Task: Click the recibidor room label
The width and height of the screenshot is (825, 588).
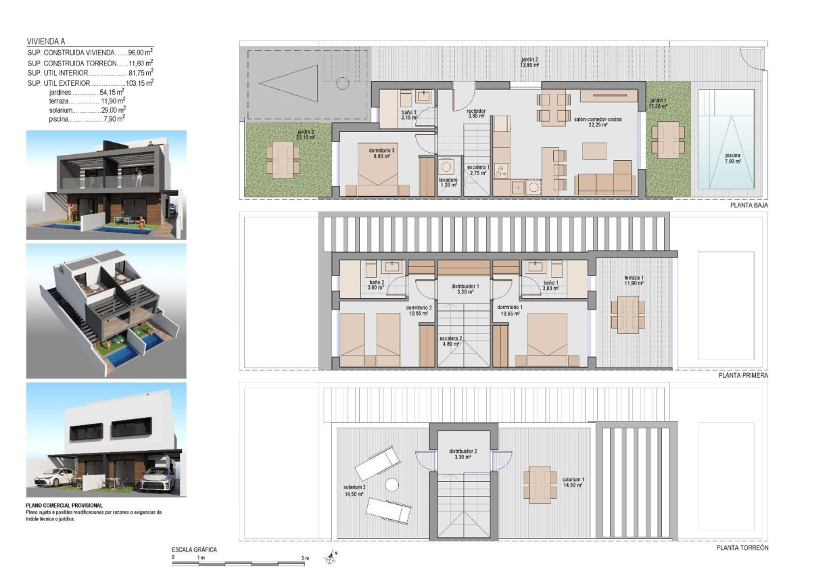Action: tap(476, 113)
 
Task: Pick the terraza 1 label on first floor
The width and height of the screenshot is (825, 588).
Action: tap(633, 280)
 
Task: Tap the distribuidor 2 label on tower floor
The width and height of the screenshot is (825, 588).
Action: tap(464, 454)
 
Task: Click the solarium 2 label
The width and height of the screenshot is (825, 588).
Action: tap(354, 490)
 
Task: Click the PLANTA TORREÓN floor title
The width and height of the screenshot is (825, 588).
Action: tap(742, 548)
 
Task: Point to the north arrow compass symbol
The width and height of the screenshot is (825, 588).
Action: tap(331, 558)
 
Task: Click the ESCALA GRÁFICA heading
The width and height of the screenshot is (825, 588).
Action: tap(194, 549)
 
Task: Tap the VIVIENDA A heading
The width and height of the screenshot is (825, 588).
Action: tap(46, 41)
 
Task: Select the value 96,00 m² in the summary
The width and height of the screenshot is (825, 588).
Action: tap(140, 51)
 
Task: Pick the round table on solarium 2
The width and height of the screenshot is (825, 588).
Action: tap(392, 485)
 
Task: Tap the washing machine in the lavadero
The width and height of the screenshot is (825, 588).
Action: tap(447, 167)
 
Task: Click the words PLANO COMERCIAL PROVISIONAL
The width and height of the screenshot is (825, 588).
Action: tap(64, 505)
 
